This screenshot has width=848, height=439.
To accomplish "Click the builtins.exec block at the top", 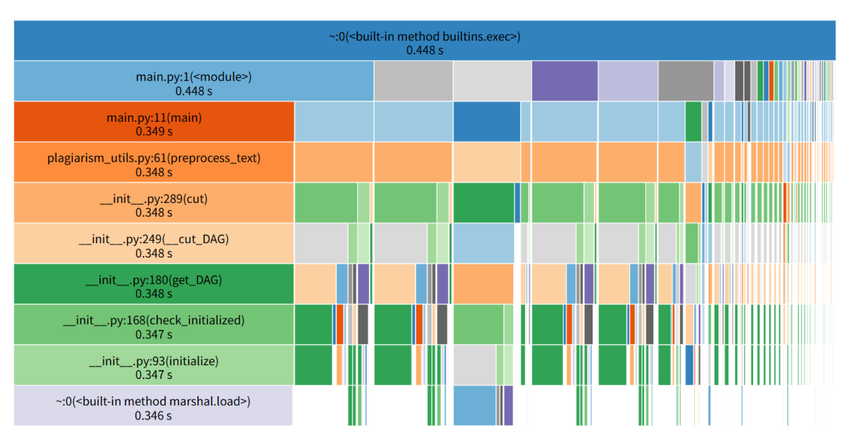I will coord(424,40).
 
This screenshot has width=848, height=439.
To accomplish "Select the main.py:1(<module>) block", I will coord(193,81).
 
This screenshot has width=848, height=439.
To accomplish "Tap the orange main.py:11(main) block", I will coord(154,122).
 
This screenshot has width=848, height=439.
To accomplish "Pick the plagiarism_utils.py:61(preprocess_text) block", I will coord(154,162).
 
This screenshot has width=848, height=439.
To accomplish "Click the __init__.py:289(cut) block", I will coord(154,203).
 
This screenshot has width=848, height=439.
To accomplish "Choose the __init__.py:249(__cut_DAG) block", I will coord(154,243).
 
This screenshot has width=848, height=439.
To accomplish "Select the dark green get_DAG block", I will coord(154,284).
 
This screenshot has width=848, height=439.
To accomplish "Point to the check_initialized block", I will coord(154,325).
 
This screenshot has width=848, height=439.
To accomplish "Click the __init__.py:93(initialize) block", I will coord(154,365).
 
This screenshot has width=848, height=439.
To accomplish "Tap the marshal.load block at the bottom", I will coord(153,406).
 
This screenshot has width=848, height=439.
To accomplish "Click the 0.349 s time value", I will coord(154,131).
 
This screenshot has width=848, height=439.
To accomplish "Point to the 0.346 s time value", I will coord(153,416).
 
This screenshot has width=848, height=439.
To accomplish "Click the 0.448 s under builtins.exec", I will coord(424,50).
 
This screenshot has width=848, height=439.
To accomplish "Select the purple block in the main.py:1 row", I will coord(565,81).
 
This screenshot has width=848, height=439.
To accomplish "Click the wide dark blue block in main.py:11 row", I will coord(487,122).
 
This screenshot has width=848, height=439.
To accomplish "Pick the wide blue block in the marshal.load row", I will coord(474,406).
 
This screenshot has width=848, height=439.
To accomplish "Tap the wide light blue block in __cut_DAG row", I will coord(484,243).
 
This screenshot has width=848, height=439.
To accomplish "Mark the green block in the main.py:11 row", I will coord(693,122).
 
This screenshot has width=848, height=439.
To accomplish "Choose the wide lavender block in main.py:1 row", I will coord(628,81).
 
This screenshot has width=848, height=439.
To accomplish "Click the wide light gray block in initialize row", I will coord(474,365).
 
